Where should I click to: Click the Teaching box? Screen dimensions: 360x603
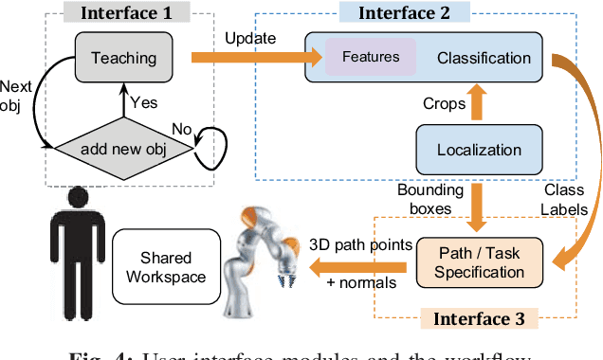[x=122, y=57]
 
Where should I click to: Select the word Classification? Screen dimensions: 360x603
[x=484, y=58]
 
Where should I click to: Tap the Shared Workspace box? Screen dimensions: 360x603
[x=166, y=266]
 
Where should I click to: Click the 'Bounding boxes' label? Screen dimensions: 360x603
[x=429, y=200]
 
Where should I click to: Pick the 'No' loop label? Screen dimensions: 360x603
[x=183, y=128]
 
